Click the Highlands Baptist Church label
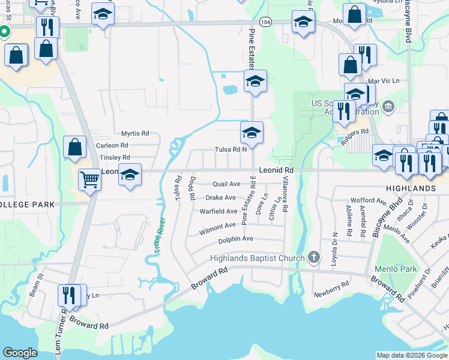258,258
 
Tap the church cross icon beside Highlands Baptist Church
313,257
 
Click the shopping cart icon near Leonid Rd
89,178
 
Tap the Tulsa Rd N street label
231,150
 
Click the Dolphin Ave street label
235,239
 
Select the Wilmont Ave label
217,226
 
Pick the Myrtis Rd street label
134,134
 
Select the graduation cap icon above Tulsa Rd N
252,133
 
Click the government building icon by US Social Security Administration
388,107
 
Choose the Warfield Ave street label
218,211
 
